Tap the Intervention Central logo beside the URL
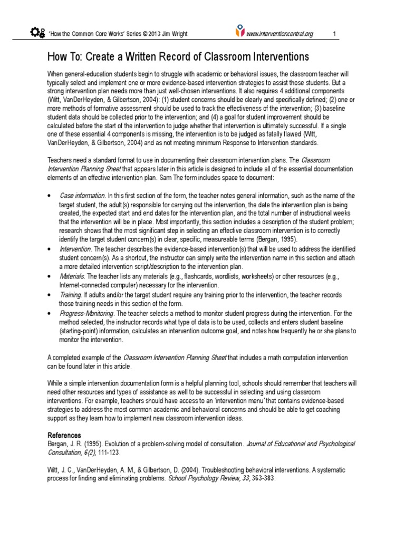tap(240, 33)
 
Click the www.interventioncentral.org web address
tap(280, 34)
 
